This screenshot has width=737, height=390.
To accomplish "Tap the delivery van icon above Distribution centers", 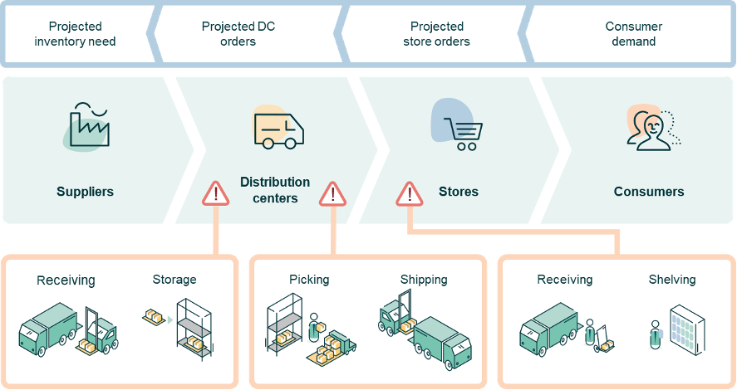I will point(278,129).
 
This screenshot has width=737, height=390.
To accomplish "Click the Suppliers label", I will point(85,192).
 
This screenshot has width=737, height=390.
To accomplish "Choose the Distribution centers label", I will point(275,190).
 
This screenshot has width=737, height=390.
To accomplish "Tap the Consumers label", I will point(649,192).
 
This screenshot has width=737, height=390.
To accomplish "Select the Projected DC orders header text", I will point(238,34).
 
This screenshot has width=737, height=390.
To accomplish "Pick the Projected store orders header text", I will point(436,34).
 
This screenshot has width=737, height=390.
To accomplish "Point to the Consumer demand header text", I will point(634,34).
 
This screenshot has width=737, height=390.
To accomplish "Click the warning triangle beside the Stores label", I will point(409,194).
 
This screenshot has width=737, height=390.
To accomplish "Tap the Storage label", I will point(174,280).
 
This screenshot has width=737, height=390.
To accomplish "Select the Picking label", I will point(309,280).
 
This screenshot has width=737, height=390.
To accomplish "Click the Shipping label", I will point(424,280).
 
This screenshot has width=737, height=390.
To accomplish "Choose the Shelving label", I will point(672,280).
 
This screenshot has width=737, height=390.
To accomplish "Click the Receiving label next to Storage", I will point(66,280).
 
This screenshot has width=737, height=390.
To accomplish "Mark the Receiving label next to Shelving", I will point(565,280).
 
